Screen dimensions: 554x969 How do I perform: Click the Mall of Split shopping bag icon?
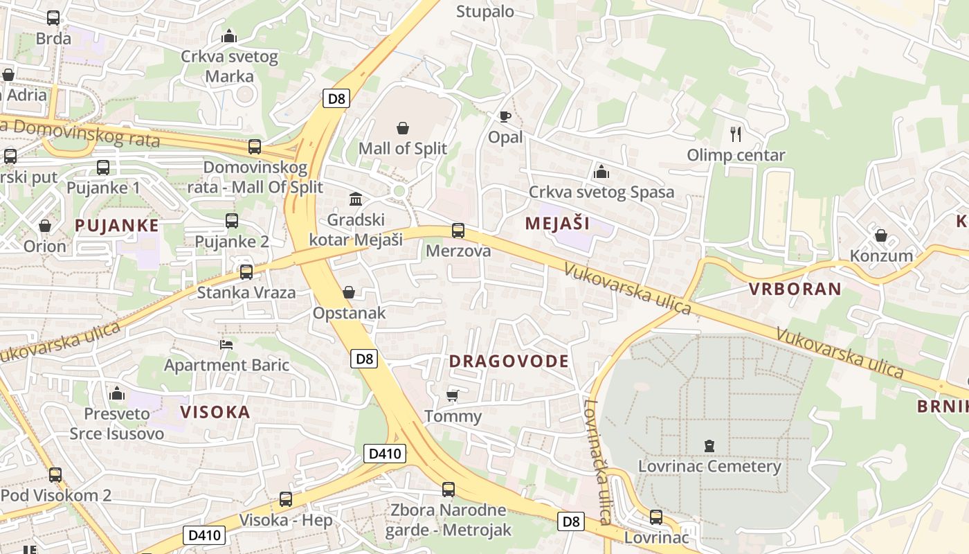pos(403,128)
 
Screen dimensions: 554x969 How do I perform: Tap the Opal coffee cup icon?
pos(505,116)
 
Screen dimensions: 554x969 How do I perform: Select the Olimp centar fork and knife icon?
pos(736,134)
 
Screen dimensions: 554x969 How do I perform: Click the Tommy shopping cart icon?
pos(453,395)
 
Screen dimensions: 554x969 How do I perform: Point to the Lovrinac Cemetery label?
pos(709,466)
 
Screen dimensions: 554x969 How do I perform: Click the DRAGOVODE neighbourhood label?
pos(509,361)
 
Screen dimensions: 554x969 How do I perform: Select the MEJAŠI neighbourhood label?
pos(557,223)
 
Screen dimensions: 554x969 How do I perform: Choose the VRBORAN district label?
pos(795,289)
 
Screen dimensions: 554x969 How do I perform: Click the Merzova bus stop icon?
pos(458,231)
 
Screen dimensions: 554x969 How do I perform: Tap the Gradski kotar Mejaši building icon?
pos(356,199)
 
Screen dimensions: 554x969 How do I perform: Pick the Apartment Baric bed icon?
pos(226,344)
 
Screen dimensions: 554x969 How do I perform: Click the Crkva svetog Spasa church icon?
pos(601,171)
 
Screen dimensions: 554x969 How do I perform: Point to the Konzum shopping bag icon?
pos(881,235)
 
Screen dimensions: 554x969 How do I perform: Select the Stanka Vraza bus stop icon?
pos(246,272)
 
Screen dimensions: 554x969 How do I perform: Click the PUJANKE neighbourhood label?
pos(117,225)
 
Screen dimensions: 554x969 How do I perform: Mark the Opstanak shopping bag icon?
pos(349,293)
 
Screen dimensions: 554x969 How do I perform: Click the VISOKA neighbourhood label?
pos(215,412)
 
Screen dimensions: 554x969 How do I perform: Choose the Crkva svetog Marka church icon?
pos(228,36)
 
